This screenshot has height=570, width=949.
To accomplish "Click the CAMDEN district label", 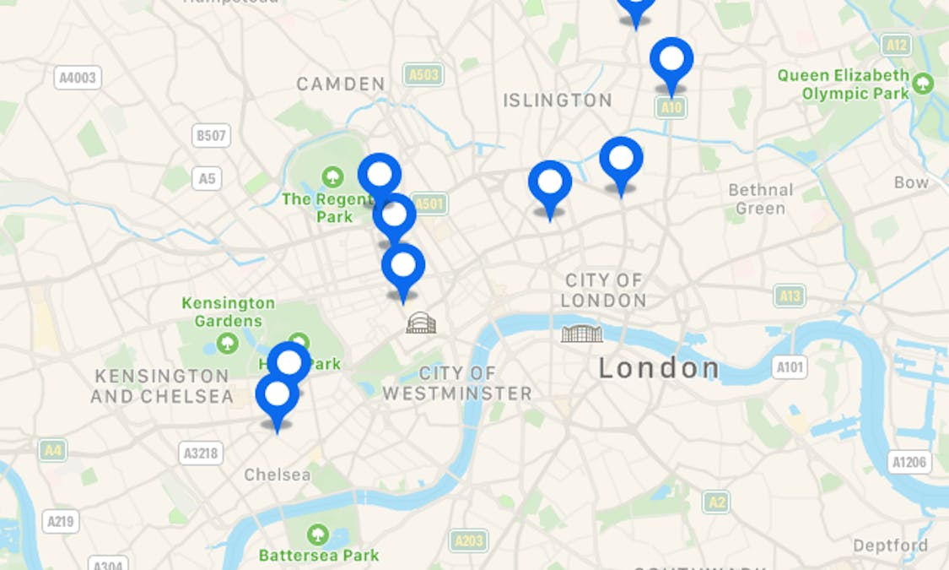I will pos(341,84).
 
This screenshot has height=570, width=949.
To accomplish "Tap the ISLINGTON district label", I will pos(558,100).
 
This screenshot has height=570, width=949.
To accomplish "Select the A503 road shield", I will pos(423,75).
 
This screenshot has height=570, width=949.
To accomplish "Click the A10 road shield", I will pos(671,107).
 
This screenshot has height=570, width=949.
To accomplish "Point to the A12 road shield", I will pos(896,45).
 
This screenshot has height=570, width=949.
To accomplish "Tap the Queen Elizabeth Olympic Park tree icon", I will pos(924,84).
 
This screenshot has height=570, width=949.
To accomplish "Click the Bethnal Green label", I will pos(760,198).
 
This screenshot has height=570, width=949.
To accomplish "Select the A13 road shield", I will pos(790,296).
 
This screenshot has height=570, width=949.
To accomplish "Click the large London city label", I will pos(659,368).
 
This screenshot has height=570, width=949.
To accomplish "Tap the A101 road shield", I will pos(790,366).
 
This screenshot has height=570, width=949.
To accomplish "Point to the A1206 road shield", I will pos(909,462).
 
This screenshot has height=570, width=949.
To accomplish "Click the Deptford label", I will pos(890,546).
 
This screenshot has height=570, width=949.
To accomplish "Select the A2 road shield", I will pos(716,502).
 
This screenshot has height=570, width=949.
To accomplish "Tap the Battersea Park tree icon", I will pos(318,535).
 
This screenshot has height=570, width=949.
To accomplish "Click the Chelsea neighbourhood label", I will pos(278,475).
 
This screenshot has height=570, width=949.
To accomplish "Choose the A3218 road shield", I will pos(201,453).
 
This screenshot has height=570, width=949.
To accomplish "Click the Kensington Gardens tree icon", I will pos(227,343).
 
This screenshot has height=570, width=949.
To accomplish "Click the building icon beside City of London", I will pos(582,334).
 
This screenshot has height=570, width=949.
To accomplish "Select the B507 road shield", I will pos(211,135).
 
